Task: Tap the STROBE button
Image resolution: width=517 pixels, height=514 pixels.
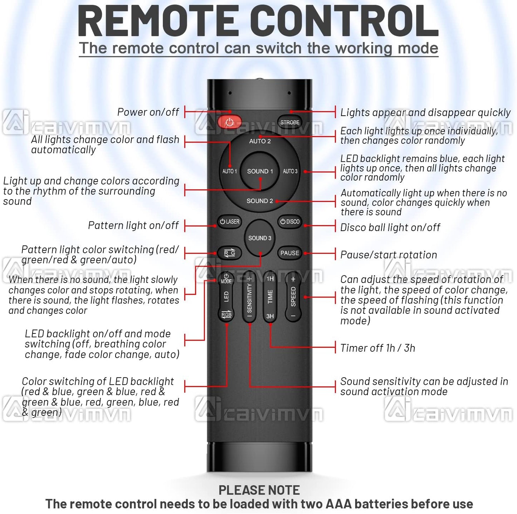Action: pyautogui.click(x=289, y=123)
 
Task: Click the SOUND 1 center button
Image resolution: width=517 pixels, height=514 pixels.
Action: pyautogui.click(x=260, y=171)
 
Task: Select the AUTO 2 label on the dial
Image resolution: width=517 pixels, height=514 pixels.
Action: pyautogui.click(x=260, y=141)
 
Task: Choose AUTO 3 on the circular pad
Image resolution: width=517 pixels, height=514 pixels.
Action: pyautogui.click(x=290, y=171)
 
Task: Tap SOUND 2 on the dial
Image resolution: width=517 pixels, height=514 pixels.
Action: pyautogui.click(x=260, y=201)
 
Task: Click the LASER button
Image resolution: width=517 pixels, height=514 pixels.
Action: pyautogui.click(x=229, y=222)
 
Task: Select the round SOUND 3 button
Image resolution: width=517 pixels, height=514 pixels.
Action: pyautogui.click(x=260, y=238)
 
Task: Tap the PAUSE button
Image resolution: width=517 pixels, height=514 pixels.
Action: pyautogui.click(x=289, y=253)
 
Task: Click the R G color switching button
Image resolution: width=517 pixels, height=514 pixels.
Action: pyautogui.click(x=229, y=253)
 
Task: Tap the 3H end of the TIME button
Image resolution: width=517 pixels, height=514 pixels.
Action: pyautogui.click(x=270, y=316)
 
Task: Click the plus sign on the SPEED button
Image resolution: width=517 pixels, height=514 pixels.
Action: pyautogui.click(x=293, y=279)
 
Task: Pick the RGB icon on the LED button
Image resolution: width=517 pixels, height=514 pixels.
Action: pyautogui.click(x=226, y=314)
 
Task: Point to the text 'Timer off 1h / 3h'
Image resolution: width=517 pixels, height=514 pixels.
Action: pyautogui.click(x=377, y=348)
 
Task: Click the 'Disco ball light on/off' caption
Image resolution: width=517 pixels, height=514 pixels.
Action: pyautogui.click(x=390, y=227)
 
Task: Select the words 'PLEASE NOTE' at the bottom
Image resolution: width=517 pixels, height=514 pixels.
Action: pyautogui.click(x=259, y=490)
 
